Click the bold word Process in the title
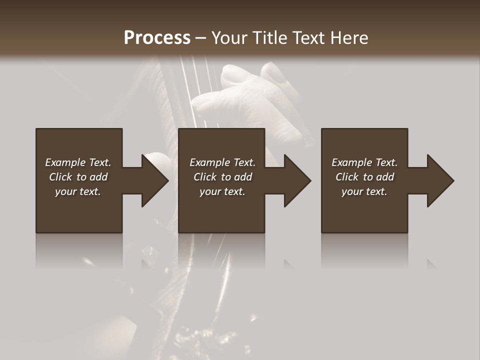(157, 38)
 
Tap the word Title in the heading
(269, 38)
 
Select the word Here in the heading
(348, 38)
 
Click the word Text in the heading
(309, 38)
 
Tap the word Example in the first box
(65, 162)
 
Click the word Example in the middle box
(209, 162)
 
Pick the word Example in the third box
(351, 162)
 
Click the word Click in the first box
(60, 177)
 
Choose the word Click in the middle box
(205, 177)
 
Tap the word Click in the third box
(347, 177)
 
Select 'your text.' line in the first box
(78, 191)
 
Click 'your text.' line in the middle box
(222, 191)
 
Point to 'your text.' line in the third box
(364, 191)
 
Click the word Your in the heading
(230, 38)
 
